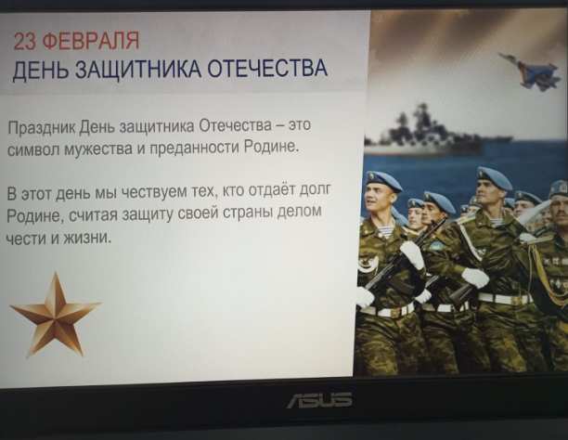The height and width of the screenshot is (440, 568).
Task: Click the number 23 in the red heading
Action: click(25, 41)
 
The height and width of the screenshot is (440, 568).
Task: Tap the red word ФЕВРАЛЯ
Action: click(91, 41)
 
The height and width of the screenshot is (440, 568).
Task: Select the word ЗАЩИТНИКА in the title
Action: click(137, 69)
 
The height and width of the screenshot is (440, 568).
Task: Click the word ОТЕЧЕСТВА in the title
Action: click(267, 68)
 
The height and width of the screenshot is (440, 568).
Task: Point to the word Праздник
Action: click(42, 127)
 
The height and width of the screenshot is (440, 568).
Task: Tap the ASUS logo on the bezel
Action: click(319, 400)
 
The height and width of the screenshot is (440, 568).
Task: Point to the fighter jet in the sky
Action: click(530, 71)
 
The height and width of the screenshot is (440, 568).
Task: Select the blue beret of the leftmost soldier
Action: click(383, 181)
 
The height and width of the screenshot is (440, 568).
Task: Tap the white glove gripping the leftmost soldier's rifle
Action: click(412, 254)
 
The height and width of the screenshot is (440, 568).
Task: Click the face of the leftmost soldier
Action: click(378, 201)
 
